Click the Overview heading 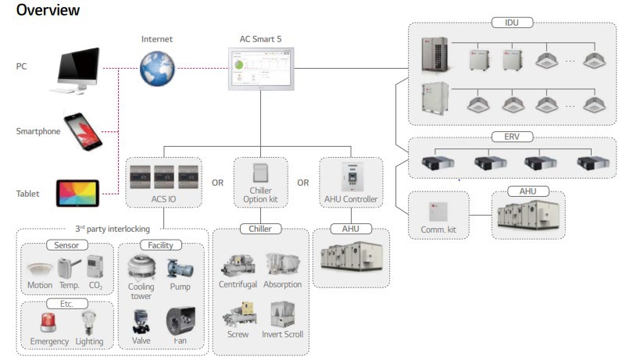(48, 10)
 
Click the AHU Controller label (350, 199)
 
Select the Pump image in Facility (180, 267)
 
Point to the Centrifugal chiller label (239, 285)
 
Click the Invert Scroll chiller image (282, 313)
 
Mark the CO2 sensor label (95, 285)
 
